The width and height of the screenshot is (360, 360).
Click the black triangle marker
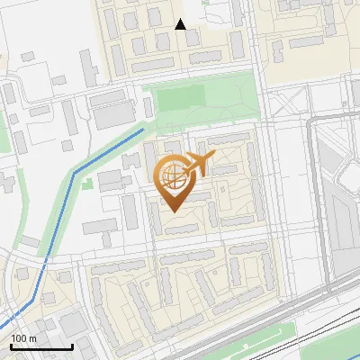coord(180,24)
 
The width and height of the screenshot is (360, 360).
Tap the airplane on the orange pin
coord(198,165)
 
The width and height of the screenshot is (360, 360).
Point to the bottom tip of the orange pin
coord(172,211)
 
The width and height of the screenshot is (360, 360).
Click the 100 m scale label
coord(23,338)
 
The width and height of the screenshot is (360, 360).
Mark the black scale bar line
coord(41,346)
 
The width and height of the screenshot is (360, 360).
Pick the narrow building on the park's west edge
coord(148,107)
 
